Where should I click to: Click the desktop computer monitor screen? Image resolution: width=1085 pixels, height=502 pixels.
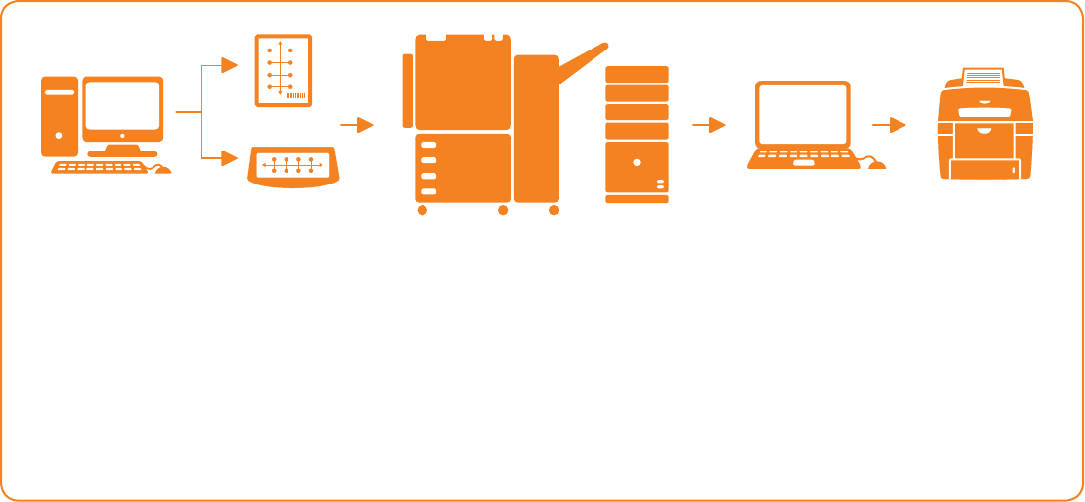click(122, 106)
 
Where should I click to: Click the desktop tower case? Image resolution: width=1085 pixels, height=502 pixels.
click(58, 117)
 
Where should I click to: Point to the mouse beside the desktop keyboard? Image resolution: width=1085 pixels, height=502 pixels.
click(162, 170)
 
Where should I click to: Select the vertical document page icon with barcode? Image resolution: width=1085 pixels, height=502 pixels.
click(283, 70)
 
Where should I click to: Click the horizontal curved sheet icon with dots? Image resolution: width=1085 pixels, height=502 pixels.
click(291, 165)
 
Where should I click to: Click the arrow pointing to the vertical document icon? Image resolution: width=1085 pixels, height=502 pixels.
click(229, 65)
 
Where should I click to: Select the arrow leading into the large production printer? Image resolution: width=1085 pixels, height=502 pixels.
click(362, 125)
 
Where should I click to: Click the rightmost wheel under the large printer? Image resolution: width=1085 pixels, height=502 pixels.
click(554, 210)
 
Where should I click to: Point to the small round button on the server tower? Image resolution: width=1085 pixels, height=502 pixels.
click(636, 162)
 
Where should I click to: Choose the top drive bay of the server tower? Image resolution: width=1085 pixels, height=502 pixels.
click(636, 74)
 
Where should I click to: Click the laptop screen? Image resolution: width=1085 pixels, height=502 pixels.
click(802, 116)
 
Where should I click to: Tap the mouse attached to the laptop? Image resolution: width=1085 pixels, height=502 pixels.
click(877, 165)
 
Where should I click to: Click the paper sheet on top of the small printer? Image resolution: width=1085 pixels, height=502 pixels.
click(984, 75)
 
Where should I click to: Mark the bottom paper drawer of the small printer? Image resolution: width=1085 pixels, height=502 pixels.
click(984, 170)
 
